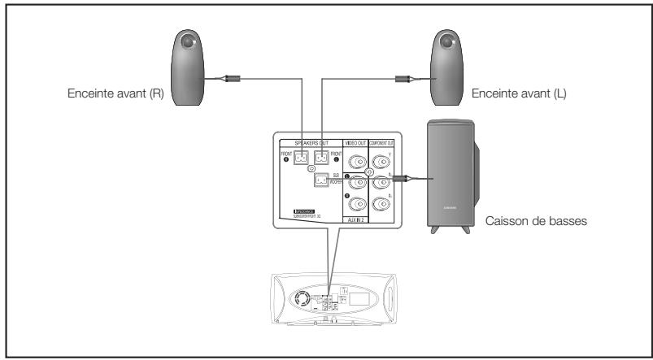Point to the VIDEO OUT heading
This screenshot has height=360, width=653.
(355, 144)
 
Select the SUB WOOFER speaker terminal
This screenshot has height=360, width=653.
(321, 180)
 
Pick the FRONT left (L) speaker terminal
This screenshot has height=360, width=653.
(320, 159)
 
